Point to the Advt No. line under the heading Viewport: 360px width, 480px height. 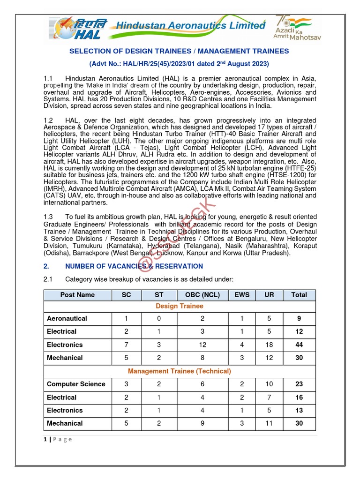pos(179,63)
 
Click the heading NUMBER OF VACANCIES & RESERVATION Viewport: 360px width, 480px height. pos(134,266)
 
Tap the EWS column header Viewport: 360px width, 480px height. pos(242,295)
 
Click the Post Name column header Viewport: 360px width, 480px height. pos(77,295)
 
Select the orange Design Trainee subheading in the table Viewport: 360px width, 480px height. pos(179,306)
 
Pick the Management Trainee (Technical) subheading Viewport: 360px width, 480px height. pos(179,371)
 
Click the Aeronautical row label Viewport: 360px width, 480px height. pos(67,319)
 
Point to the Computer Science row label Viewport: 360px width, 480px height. pos(76,384)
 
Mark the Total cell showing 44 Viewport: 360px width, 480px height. pos(299,345)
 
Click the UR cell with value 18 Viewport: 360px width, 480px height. pos(269,345)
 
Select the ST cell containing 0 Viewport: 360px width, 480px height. pos(159,319)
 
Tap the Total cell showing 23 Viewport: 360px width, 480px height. pos(299,384)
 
